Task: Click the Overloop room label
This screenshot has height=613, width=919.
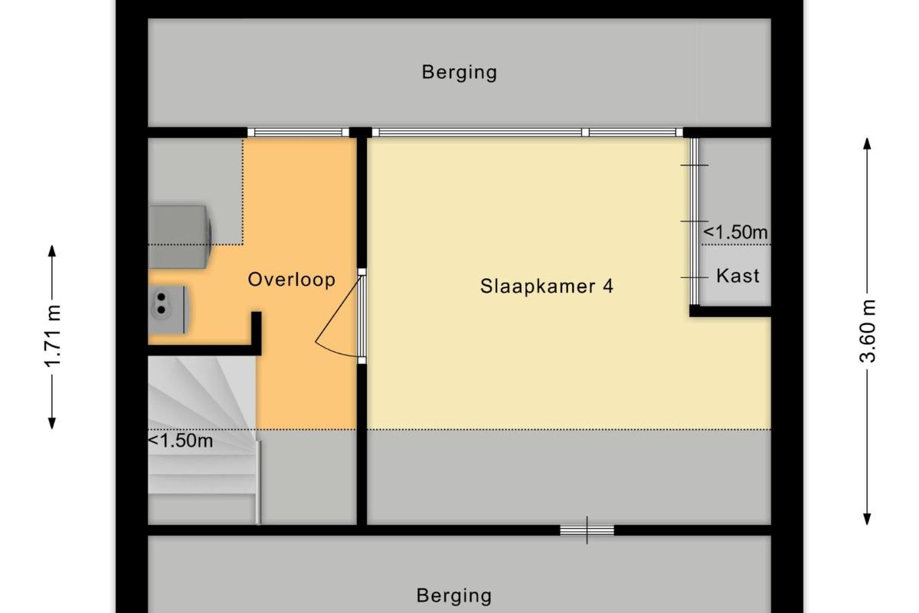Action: (x=292, y=280)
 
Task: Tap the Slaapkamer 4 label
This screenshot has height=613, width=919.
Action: (x=547, y=286)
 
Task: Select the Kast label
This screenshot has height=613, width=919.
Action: (x=737, y=276)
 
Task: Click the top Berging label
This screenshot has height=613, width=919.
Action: (x=459, y=72)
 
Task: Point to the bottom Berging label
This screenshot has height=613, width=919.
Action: (x=453, y=595)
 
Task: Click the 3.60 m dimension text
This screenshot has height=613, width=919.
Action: (x=868, y=331)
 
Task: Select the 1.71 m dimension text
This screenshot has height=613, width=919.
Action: (x=53, y=336)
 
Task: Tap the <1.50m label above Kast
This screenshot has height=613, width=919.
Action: (x=735, y=232)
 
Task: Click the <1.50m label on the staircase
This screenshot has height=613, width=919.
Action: (x=181, y=441)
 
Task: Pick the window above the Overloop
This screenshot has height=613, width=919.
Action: (x=298, y=133)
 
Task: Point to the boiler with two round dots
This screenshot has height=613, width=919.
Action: (x=168, y=309)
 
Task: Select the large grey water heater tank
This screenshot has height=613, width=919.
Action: (x=180, y=237)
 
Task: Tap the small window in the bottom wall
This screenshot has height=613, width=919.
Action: (x=587, y=530)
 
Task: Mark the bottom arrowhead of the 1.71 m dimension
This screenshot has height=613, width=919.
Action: (x=52, y=423)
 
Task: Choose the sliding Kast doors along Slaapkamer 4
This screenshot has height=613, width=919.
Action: (x=694, y=221)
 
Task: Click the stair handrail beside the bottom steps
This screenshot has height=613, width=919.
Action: (x=259, y=483)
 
